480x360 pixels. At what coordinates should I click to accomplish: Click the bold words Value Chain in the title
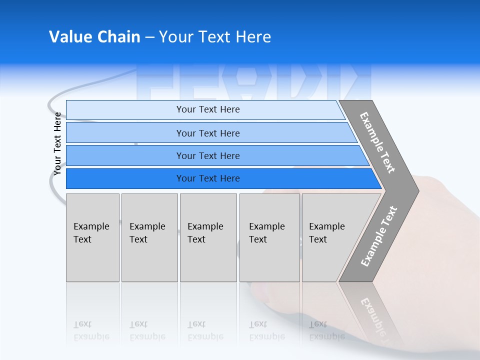(94, 37)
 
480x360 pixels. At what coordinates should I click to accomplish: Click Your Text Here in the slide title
(215, 37)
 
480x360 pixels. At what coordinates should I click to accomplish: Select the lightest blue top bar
(125, 110)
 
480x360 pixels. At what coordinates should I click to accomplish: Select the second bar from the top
(125, 133)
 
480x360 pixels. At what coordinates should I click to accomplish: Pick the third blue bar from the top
(125, 155)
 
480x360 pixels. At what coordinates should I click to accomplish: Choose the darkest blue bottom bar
(125, 178)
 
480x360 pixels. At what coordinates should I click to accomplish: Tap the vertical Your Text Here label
(57, 144)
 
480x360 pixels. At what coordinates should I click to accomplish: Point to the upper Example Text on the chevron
(377, 142)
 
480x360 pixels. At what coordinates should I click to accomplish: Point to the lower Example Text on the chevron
(379, 236)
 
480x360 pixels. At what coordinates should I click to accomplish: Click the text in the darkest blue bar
(208, 178)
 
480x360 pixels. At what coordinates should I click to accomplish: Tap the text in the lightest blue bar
(208, 109)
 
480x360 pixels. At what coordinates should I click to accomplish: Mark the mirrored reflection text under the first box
(91, 331)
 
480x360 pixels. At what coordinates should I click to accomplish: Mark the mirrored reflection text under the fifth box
(326, 331)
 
